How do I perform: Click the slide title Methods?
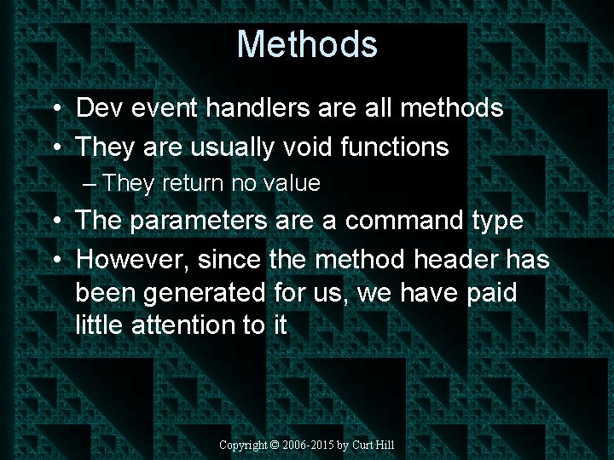(307, 44)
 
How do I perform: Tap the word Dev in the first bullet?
(98, 108)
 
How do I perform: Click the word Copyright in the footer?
(243, 446)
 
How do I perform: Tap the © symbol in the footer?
(275, 446)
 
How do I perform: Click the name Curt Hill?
(373, 446)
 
